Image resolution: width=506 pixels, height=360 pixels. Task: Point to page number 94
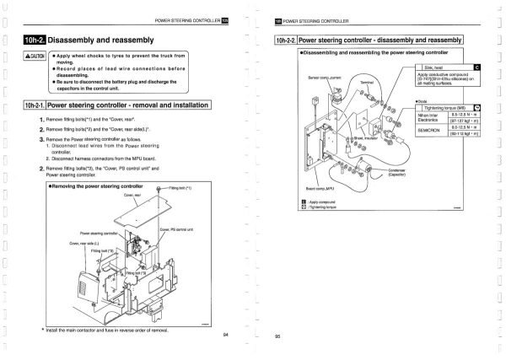tap(225, 335)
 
